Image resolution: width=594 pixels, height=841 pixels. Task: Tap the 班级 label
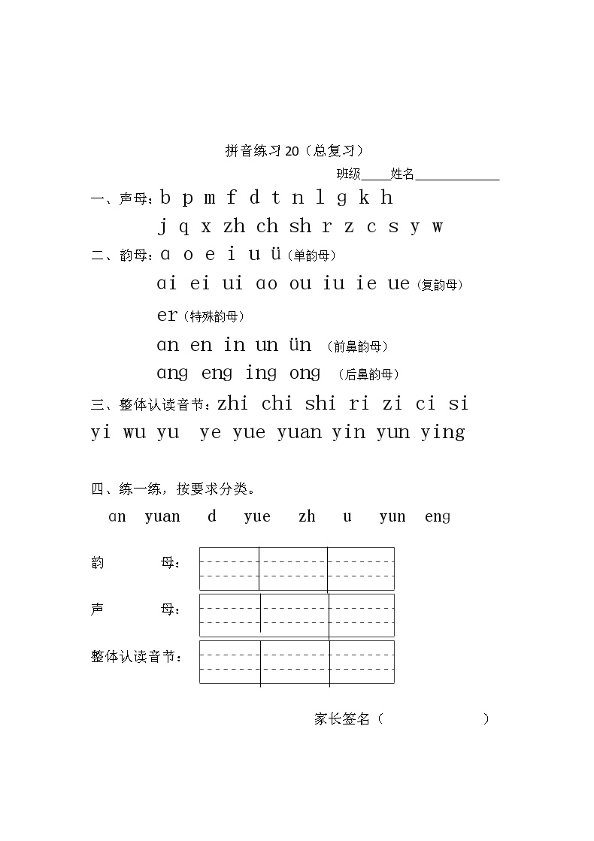(x=348, y=174)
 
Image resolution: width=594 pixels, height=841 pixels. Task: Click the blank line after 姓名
(x=457, y=176)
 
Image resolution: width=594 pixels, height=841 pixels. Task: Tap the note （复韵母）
(x=440, y=285)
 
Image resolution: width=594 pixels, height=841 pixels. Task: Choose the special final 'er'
(x=167, y=316)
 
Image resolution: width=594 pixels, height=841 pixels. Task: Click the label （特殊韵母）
(x=214, y=316)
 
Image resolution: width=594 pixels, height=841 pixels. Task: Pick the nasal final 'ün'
(x=300, y=345)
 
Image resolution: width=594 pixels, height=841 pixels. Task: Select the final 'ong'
(x=304, y=374)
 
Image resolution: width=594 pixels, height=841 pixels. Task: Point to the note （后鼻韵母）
(x=368, y=374)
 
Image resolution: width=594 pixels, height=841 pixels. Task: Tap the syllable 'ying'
(x=443, y=433)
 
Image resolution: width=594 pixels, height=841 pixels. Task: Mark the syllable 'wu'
(x=135, y=433)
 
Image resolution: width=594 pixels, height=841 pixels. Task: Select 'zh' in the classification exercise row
(x=307, y=516)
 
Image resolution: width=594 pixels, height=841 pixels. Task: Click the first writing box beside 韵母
(x=229, y=569)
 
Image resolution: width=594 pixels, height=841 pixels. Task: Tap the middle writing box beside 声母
(x=295, y=616)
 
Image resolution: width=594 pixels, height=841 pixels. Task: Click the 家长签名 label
(x=342, y=718)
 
